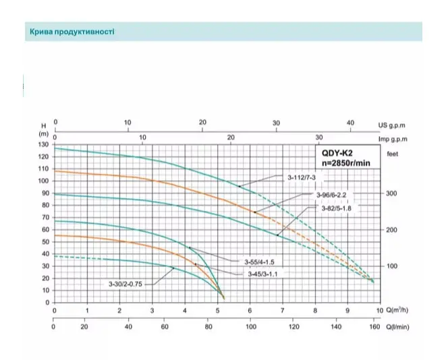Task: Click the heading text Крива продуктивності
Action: [72, 32]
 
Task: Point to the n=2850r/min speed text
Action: [345, 163]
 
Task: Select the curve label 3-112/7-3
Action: [302, 177]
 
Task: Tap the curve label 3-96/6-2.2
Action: [331, 195]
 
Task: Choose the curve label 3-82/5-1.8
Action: [336, 208]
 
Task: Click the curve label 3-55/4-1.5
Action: [259, 262]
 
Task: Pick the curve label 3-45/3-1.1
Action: [262, 274]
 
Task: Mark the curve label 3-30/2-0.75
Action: [125, 284]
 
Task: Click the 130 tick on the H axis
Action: [43, 144]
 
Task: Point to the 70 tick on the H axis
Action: [45, 218]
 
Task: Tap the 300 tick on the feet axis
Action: [391, 193]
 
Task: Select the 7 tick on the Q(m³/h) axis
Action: [283, 310]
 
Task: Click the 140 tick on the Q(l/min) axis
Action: [336, 326]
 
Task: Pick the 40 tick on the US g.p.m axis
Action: [350, 123]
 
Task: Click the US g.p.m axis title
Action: [392, 125]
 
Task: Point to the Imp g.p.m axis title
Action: [393, 139]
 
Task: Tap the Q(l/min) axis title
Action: [397, 327]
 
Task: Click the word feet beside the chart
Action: [392, 154]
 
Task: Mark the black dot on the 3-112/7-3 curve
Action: [240, 187]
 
